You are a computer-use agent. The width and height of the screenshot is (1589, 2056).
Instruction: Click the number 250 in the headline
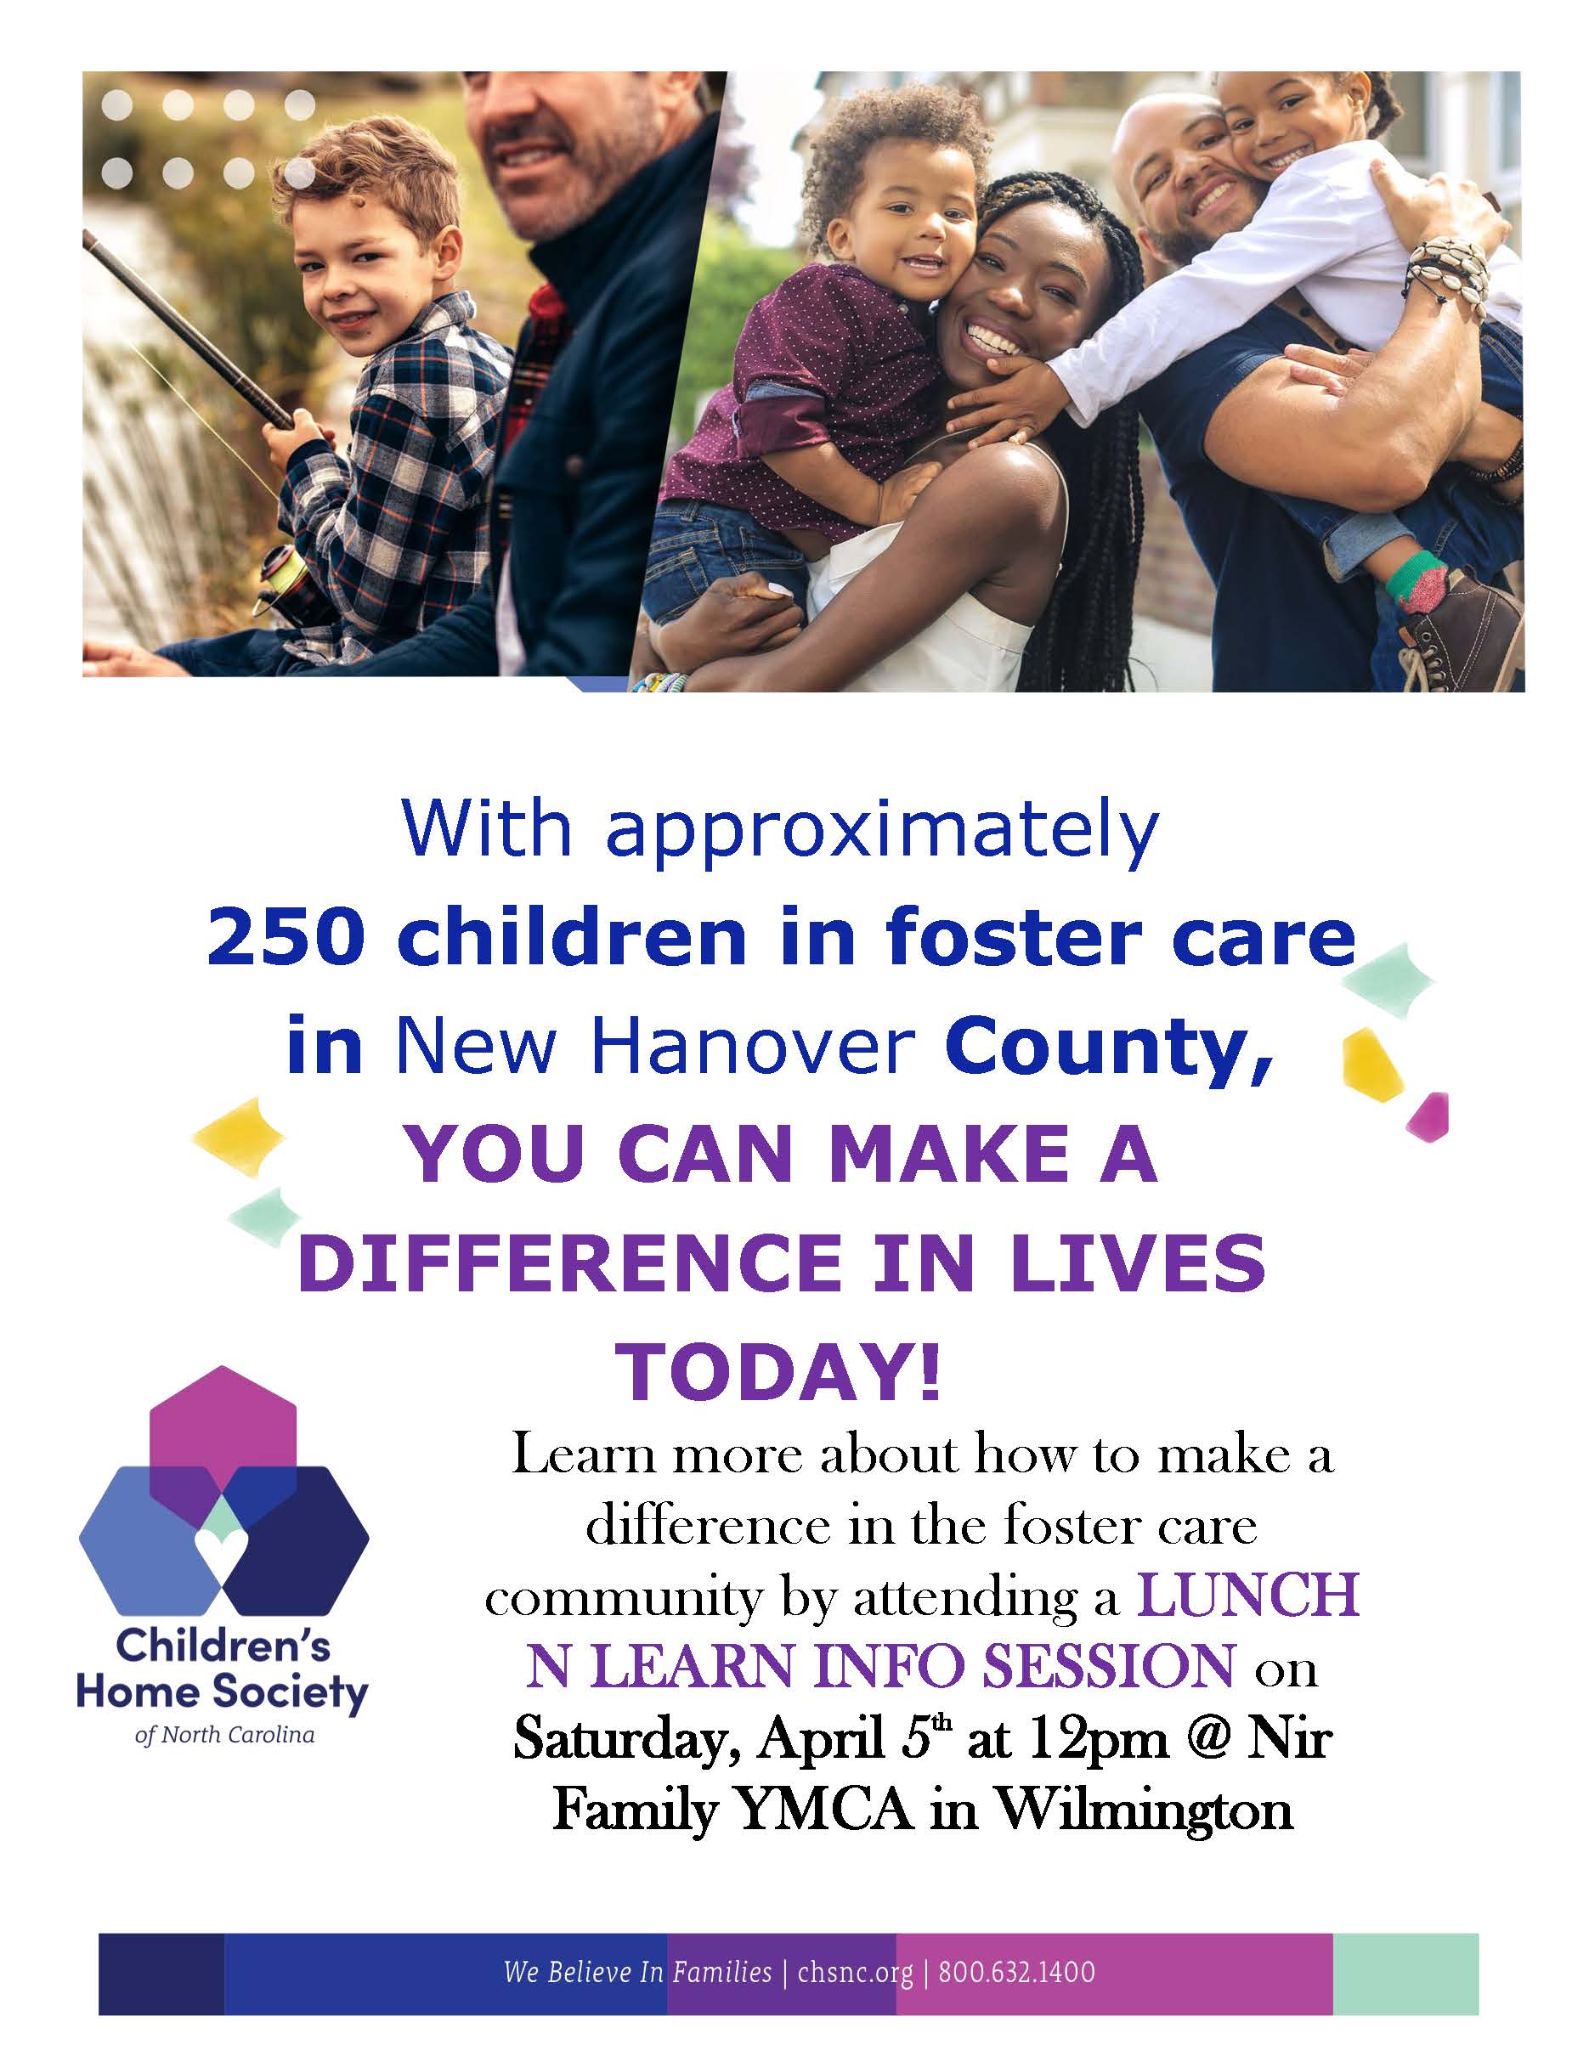(285, 938)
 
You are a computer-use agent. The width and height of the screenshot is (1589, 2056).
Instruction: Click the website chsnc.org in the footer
(855, 1946)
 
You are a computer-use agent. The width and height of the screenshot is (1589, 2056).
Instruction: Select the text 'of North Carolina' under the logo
(224, 1734)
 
